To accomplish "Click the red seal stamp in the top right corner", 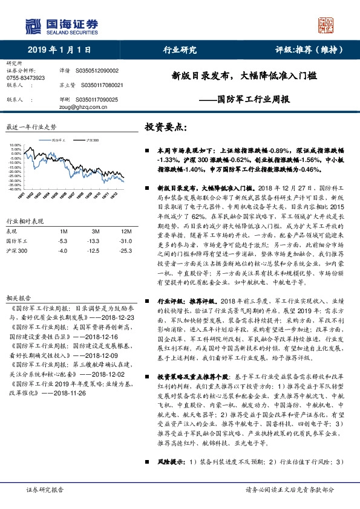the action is (328, 25).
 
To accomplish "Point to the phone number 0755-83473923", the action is (26, 78).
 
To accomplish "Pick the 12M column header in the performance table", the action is (126, 232).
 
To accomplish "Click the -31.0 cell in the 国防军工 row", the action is (125, 241).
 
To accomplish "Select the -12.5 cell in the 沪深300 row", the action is (94, 250).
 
